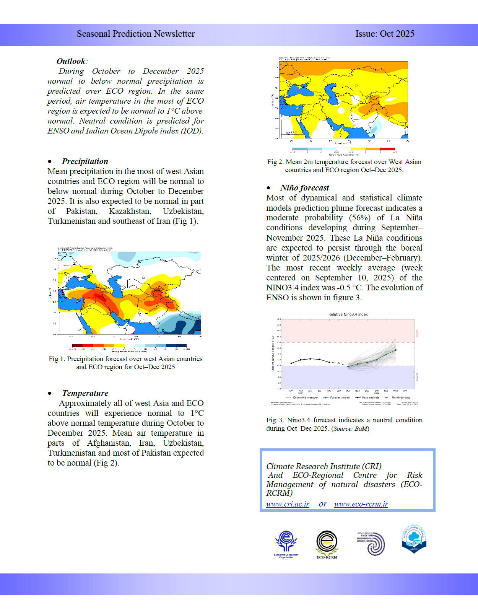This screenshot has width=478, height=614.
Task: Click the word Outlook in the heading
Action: (x=71, y=61)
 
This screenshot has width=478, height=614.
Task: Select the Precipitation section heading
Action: (x=85, y=161)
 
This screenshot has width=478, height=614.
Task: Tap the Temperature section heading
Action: (x=85, y=393)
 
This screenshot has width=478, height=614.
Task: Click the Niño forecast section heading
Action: (x=304, y=188)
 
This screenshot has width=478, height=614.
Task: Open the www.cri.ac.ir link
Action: (x=288, y=504)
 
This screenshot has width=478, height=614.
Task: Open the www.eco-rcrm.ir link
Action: (x=361, y=504)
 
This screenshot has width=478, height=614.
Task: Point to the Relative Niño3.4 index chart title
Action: (x=348, y=314)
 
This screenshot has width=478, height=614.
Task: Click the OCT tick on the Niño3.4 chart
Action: (x=348, y=391)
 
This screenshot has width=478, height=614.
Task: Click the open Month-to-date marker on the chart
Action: (x=338, y=363)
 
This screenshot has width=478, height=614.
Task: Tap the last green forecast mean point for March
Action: (x=395, y=350)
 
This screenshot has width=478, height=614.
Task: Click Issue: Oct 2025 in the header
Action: (x=385, y=34)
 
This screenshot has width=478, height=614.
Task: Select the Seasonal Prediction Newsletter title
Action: (x=136, y=34)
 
